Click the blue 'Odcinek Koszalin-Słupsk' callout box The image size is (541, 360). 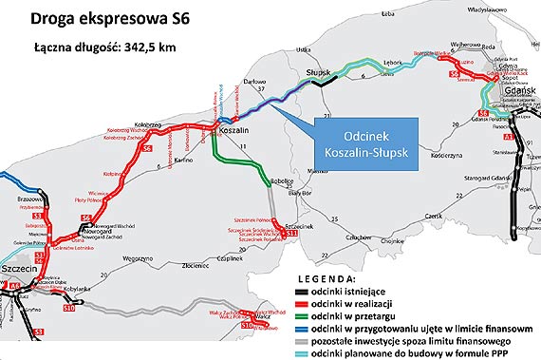pyautogui.click(x=362, y=142)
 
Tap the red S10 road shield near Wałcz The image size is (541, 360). pyautogui.click(x=246, y=325)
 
